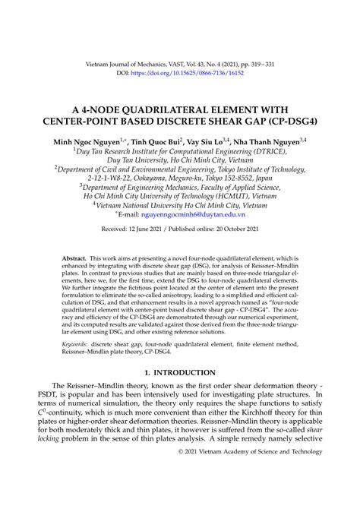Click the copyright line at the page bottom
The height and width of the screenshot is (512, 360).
pos(257,493)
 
